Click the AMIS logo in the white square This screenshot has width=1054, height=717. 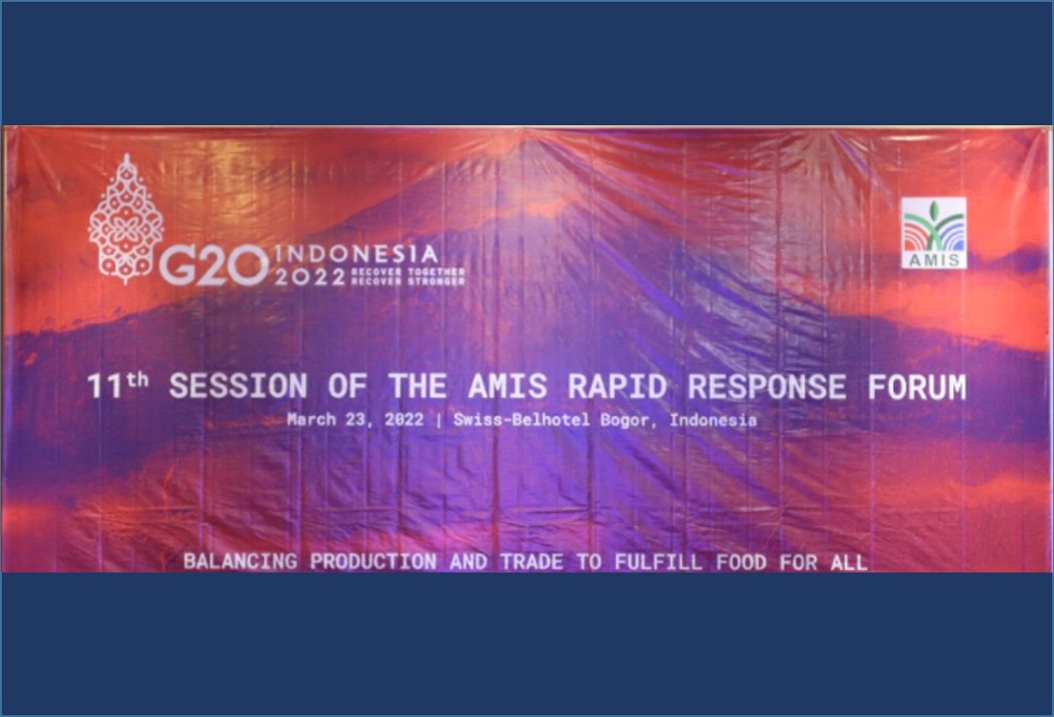(x=933, y=232)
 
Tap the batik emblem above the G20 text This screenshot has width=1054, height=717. (x=125, y=219)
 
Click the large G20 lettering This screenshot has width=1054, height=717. (x=214, y=264)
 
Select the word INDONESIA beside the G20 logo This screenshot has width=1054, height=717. (x=357, y=254)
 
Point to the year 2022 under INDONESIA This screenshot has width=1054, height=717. (x=310, y=276)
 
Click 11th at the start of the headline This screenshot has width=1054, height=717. (x=118, y=384)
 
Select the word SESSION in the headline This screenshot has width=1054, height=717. (x=239, y=386)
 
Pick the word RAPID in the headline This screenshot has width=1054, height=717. (x=617, y=386)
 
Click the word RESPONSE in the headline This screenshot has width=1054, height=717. (x=767, y=387)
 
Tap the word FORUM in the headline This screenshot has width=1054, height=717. (x=917, y=387)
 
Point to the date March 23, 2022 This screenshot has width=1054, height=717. (x=355, y=420)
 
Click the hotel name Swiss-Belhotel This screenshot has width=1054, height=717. (x=522, y=420)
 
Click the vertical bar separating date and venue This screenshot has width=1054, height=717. (x=439, y=421)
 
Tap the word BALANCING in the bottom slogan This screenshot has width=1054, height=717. (x=240, y=562)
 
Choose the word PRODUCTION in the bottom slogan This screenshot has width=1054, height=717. (x=373, y=562)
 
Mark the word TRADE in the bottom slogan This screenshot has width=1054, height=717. (x=532, y=562)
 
